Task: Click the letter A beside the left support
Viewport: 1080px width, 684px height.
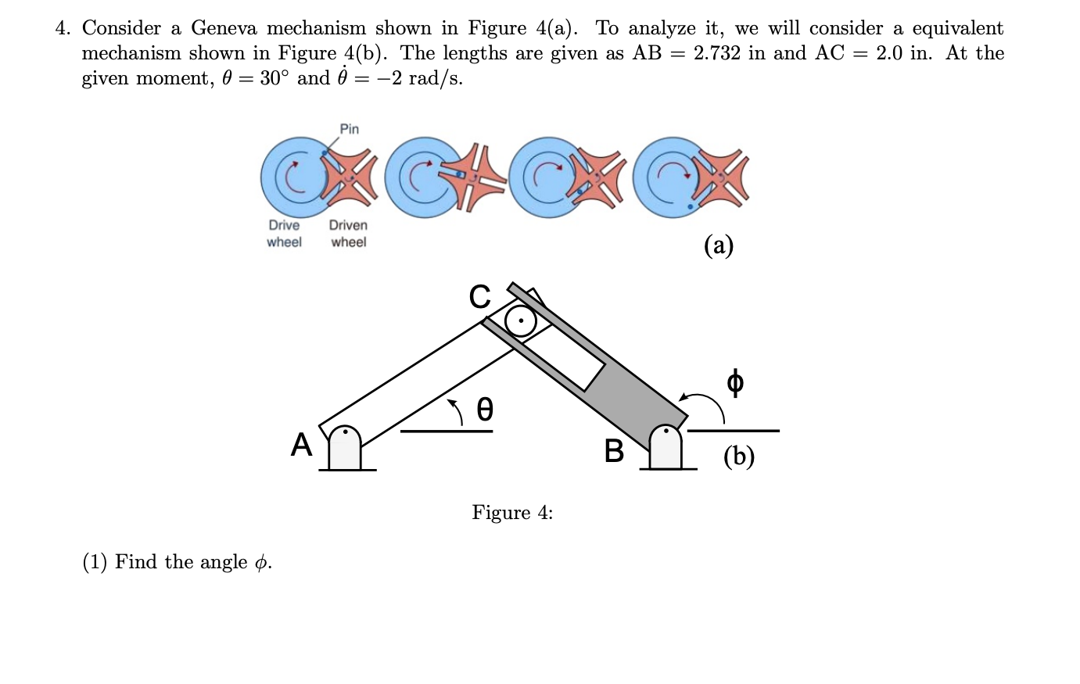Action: coord(301,445)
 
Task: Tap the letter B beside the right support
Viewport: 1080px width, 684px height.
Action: coord(614,451)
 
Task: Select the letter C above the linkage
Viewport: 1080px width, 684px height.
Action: coord(479,297)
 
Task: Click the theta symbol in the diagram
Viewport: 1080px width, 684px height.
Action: coord(485,409)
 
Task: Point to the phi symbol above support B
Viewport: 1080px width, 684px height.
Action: coord(734,382)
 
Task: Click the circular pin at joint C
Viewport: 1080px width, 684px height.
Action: coord(520,321)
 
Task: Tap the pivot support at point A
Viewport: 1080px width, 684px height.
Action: coord(345,449)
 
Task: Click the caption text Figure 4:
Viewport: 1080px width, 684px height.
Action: coord(512,513)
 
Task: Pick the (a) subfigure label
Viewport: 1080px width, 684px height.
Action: coord(719,245)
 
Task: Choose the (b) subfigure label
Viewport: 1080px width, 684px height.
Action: coord(738,456)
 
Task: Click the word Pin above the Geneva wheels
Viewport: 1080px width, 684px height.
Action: coord(350,129)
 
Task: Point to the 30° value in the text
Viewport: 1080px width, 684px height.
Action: coord(275,78)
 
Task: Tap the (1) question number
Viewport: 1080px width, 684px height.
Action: coord(95,562)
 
